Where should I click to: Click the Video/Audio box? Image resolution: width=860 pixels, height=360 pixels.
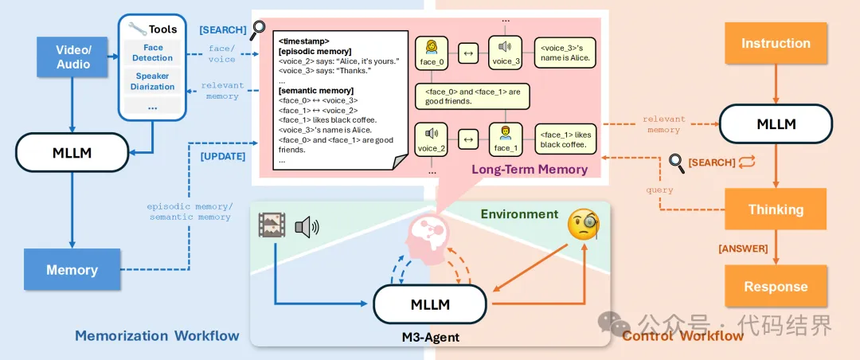[x=72, y=57]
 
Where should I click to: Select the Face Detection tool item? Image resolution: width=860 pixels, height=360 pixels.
[x=153, y=53]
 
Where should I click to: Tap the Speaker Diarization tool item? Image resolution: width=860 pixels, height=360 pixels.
[x=153, y=81]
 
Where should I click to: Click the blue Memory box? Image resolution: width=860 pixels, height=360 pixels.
[x=72, y=270]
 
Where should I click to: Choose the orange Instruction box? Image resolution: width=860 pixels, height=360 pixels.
[x=776, y=44]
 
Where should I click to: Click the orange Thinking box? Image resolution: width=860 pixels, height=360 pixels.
[x=776, y=210]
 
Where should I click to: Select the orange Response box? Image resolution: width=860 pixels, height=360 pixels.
[x=776, y=287]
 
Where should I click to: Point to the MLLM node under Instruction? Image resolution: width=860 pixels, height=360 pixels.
[x=776, y=123]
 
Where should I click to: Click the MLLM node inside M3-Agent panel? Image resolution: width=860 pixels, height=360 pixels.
[x=430, y=304]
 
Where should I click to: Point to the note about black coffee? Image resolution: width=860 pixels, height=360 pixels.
[x=566, y=140]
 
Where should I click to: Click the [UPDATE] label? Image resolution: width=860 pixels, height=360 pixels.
[x=222, y=157]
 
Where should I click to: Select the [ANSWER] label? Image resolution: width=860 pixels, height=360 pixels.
[x=743, y=248]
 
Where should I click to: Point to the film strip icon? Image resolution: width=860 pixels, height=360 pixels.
[x=272, y=225]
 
